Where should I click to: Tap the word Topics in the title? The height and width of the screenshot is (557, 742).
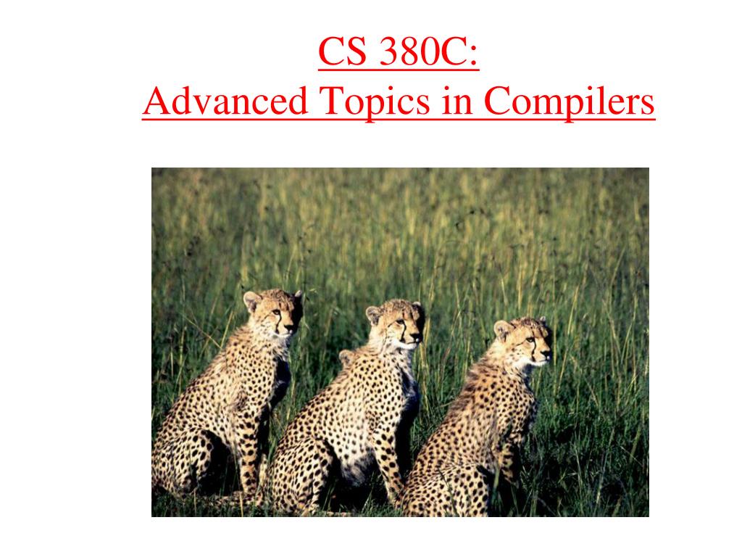(375, 102)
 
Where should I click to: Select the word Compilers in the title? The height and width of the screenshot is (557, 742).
(570, 102)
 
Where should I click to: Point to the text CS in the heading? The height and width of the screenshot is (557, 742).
(343, 51)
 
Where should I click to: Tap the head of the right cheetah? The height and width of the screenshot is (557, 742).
(523, 341)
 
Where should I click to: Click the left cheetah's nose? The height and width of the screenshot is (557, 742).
(289, 328)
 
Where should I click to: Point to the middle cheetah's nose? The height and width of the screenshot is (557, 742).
(416, 337)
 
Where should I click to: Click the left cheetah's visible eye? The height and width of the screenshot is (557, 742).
(275, 313)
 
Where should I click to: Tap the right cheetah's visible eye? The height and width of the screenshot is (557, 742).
(530, 340)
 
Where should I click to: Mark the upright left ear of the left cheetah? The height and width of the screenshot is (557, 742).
(251, 300)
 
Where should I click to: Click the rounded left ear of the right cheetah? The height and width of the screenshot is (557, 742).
(502, 329)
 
